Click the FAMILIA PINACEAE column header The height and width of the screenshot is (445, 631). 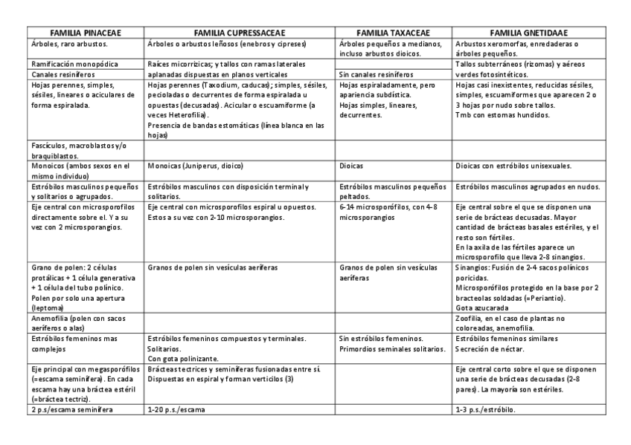click(86, 33)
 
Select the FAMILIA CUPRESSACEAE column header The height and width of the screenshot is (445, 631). click(240, 33)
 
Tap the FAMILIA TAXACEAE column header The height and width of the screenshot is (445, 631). click(394, 33)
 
